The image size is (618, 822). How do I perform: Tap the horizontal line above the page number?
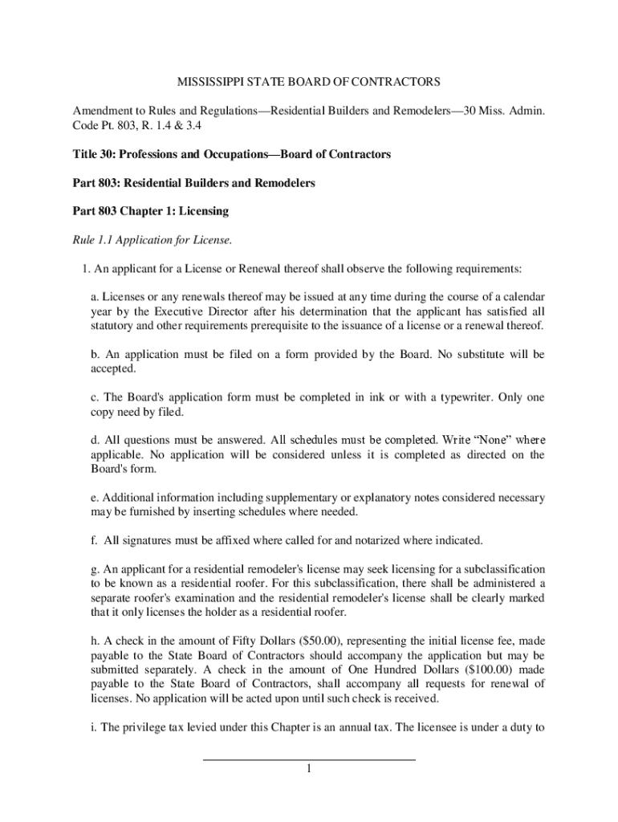[x=308, y=759]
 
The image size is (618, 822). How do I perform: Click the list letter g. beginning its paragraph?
[x=95, y=568]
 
